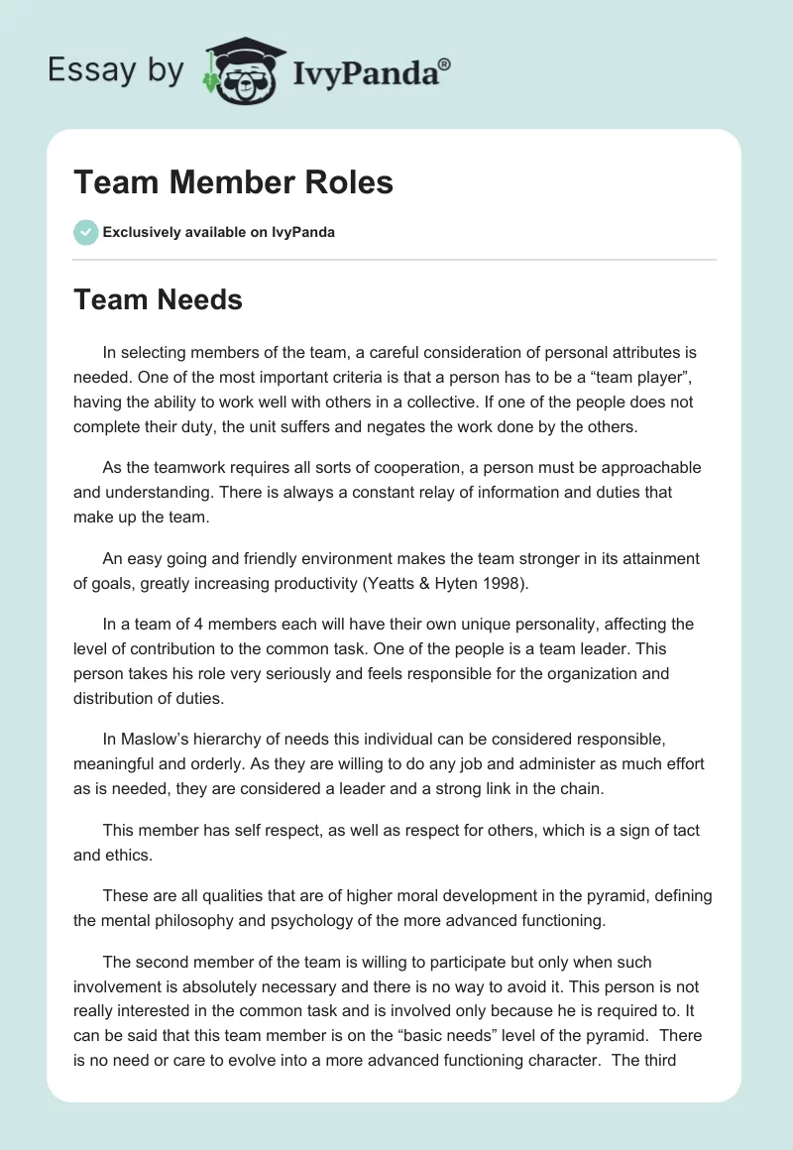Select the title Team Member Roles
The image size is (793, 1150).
pos(233,182)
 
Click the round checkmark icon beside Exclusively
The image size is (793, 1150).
pos(85,232)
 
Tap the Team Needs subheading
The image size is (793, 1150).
pos(158,299)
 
